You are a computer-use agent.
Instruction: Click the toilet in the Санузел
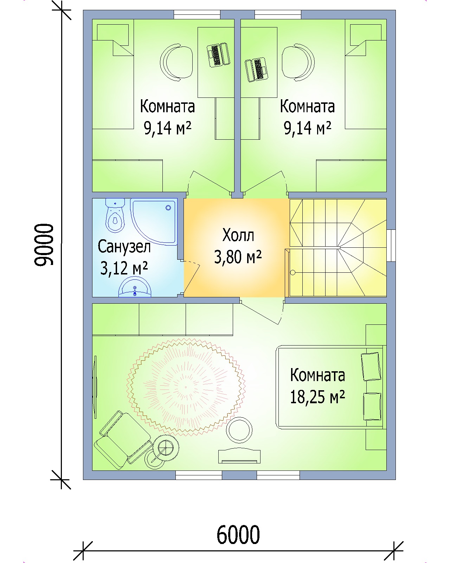point(115,215)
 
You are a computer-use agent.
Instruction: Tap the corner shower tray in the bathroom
point(154,222)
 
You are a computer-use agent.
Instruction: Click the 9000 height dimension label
point(44,245)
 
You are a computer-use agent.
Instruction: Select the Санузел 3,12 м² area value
point(124,268)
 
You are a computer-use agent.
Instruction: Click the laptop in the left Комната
point(219,55)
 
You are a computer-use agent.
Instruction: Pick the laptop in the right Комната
point(257,70)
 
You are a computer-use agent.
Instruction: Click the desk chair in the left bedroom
point(176,62)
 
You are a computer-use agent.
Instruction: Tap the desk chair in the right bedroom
point(298,62)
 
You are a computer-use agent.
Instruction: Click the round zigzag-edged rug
point(186,387)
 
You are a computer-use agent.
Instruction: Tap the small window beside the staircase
point(391,245)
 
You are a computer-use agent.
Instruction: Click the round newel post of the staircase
point(293,273)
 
